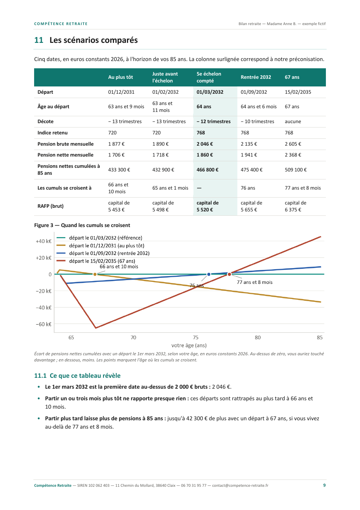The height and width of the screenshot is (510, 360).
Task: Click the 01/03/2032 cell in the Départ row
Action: point(210,92)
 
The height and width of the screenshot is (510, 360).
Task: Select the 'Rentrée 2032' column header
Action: point(255,77)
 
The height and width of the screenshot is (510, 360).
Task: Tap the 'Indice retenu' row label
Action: point(53,133)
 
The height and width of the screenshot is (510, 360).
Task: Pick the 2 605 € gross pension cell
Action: point(293,144)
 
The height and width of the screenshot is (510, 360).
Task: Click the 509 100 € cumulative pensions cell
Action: point(296,170)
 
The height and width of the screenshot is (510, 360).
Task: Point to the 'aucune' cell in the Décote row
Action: point(293,121)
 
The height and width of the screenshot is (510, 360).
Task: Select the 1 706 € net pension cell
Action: point(116,155)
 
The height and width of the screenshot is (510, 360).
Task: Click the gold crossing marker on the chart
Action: point(95,274)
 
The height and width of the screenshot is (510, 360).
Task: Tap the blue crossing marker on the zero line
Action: point(209,274)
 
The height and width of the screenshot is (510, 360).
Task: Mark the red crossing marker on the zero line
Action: point(229,274)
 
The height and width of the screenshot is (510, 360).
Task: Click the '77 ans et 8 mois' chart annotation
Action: point(254,282)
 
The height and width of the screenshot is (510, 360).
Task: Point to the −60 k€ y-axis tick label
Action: point(44,324)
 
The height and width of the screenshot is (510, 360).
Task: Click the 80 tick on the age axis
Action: point(258,337)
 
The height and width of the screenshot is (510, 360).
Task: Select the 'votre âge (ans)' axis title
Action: point(189,345)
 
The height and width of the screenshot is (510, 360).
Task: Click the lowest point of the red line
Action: point(96,328)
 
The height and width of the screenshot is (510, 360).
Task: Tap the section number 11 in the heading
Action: point(39,40)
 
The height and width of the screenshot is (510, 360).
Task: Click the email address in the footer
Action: point(240,485)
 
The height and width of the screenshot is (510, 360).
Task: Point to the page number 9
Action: point(324,485)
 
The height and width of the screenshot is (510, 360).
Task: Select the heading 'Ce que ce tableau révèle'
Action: point(85,376)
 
